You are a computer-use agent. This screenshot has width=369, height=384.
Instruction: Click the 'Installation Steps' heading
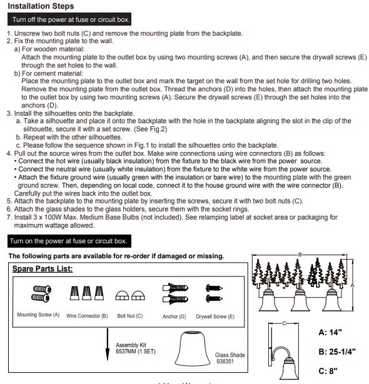coord(41,6)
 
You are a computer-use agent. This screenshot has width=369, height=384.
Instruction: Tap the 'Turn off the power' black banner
coord(69,19)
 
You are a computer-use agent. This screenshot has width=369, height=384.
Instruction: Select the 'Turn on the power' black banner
coord(69,241)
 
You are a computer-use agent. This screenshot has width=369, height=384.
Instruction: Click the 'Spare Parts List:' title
coord(43,269)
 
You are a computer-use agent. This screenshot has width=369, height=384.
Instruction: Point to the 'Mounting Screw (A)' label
coord(38,315)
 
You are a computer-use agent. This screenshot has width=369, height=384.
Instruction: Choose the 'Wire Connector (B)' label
coord(87,316)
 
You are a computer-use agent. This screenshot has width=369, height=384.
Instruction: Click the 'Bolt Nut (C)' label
coord(129,316)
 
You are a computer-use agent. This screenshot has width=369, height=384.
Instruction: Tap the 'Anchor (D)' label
coord(174,316)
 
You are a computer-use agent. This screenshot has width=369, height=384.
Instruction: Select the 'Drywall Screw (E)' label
coord(215,316)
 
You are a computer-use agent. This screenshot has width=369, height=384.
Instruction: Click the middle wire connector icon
coord(87,293)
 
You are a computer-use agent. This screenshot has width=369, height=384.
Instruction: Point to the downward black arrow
coord(107,345)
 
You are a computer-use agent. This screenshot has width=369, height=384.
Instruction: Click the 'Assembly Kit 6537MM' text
coord(136,348)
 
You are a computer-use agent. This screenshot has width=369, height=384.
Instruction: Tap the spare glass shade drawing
coord(193,348)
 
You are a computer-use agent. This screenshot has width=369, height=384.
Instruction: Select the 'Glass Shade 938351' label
coord(230,358)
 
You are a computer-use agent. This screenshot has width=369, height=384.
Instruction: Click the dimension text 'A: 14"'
coord(330,332)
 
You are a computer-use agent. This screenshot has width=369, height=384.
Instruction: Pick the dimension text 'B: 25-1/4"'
coord(336,351)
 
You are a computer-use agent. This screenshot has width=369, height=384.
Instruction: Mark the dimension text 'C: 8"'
coord(328,371)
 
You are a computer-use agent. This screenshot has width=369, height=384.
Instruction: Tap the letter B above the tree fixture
coord(300,255)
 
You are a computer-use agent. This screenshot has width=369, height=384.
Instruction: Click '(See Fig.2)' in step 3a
coord(150,129)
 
